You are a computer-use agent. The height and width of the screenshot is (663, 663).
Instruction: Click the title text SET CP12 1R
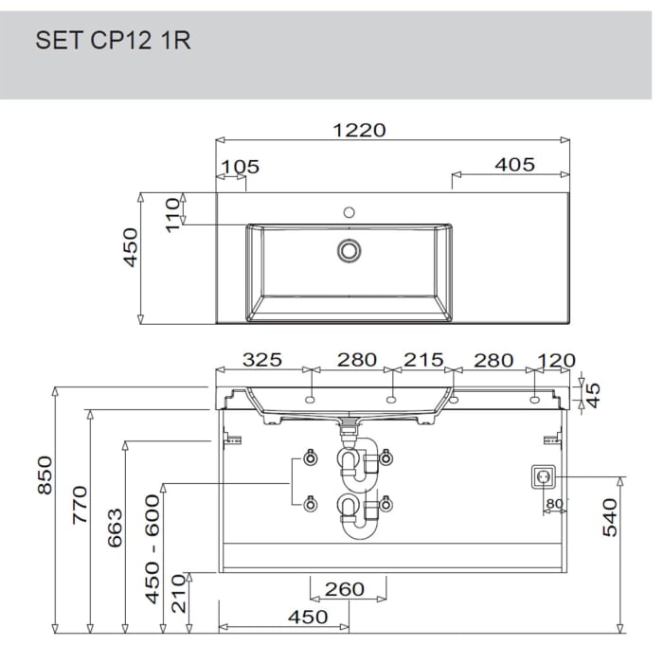(x=113, y=41)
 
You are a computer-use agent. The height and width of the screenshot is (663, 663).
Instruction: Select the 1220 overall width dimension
(x=359, y=130)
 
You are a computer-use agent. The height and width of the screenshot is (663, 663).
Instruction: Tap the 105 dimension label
(x=241, y=167)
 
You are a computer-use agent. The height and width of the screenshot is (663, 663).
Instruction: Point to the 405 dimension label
(x=515, y=165)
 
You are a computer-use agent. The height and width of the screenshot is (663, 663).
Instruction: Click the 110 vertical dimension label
(x=173, y=215)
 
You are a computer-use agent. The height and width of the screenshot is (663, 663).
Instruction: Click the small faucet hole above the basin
(x=349, y=212)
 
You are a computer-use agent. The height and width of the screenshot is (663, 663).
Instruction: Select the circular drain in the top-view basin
(x=349, y=250)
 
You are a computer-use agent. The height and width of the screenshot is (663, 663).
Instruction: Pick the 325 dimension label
(x=262, y=360)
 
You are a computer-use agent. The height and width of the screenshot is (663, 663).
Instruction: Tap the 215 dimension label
(x=423, y=360)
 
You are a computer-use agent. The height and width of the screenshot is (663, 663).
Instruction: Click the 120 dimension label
(x=556, y=361)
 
